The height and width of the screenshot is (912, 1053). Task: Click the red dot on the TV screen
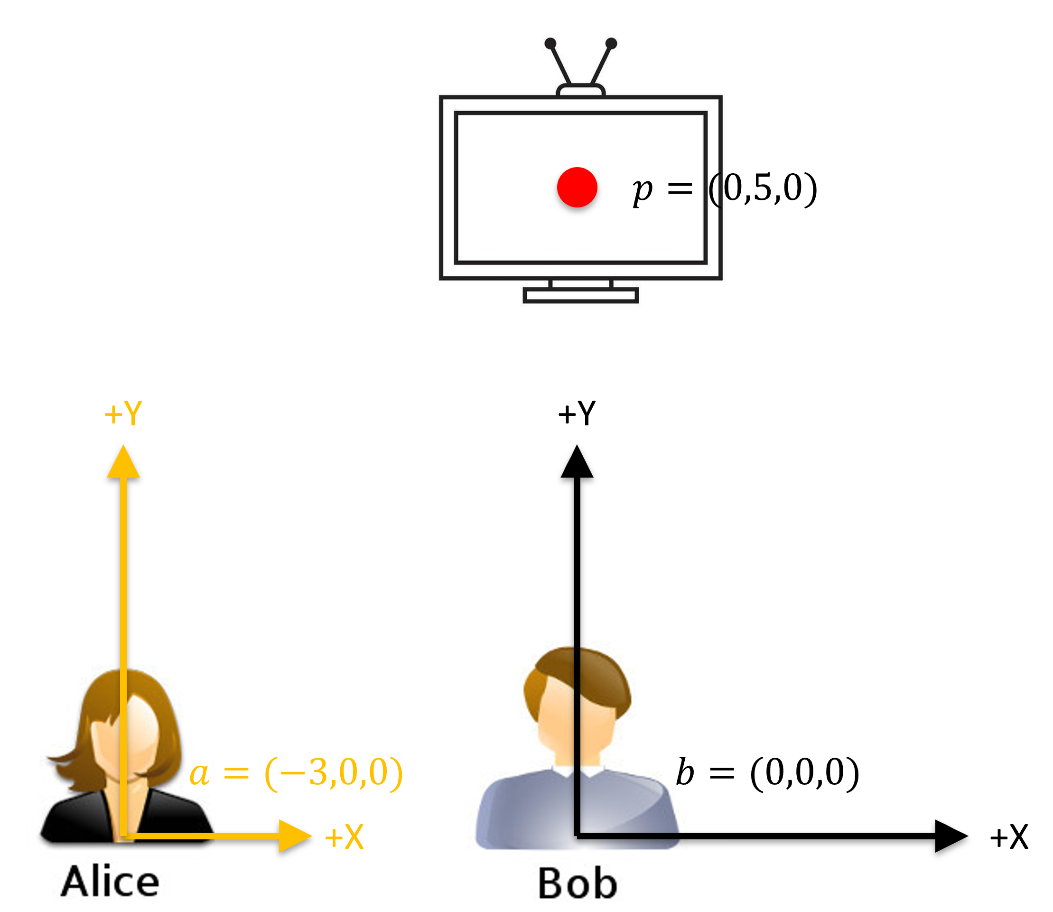pos(577,187)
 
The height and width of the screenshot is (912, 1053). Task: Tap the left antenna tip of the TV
pos(550,44)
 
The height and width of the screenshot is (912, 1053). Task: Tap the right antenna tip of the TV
pos(612,44)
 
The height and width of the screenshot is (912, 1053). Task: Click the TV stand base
pos(580,295)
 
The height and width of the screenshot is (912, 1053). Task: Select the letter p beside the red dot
pos(642,191)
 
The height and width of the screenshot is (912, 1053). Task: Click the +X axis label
pos(345,837)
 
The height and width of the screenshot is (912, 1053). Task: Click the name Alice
pos(110,882)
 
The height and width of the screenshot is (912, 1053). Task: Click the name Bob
pos(578,884)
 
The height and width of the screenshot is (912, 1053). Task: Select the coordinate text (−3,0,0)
pos(334,773)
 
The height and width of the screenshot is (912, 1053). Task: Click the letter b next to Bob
pos(685,772)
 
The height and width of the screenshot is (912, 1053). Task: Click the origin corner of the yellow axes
pos(123,836)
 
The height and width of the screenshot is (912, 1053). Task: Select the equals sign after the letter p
pos(680,189)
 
